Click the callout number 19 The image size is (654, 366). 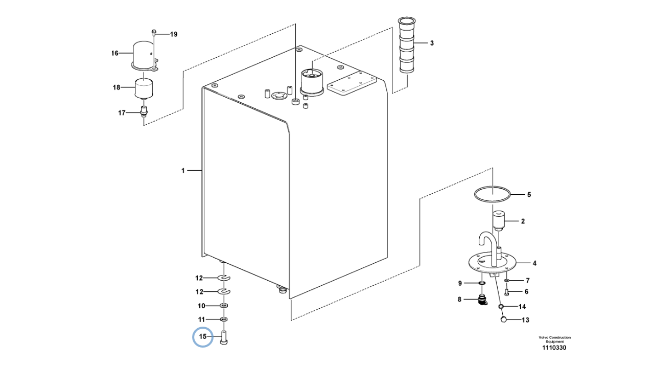(x=174, y=34)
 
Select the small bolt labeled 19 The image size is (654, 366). (x=153, y=33)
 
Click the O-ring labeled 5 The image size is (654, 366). (x=492, y=194)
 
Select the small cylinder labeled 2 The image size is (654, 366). (x=498, y=221)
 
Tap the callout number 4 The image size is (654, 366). (x=534, y=263)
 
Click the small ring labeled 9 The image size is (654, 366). (x=481, y=283)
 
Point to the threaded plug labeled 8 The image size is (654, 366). (x=481, y=299)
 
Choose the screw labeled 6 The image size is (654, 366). (x=507, y=292)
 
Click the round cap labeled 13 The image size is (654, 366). (x=504, y=320)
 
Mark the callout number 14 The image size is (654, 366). (x=522, y=307)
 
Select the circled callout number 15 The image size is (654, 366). (x=203, y=336)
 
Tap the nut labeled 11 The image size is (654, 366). (x=224, y=319)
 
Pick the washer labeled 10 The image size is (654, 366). (x=224, y=306)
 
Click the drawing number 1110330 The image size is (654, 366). (x=554, y=348)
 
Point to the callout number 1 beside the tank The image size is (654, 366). (x=183, y=171)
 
